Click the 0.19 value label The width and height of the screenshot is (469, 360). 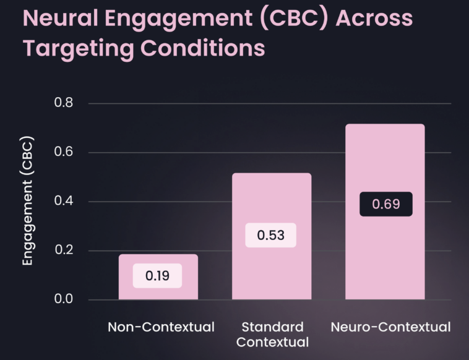point(158,276)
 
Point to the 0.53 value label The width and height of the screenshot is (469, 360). point(271,236)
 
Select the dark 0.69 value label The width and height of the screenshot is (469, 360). point(385,204)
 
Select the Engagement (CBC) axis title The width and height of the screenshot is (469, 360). point(27,201)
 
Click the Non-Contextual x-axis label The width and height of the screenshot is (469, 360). point(161,327)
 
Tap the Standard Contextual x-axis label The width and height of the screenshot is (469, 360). point(272,334)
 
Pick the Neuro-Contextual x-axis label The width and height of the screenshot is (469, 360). point(390,327)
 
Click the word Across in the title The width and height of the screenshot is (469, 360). point(375,19)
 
